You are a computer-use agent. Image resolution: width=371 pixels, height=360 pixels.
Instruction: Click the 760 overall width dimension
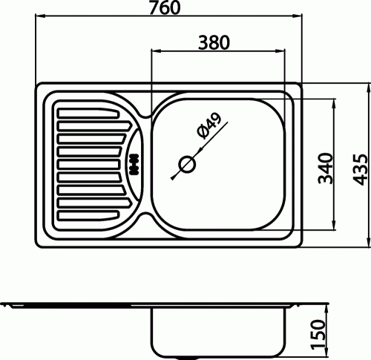(x=165, y=7)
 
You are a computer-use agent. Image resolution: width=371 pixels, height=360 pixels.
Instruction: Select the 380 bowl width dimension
(x=214, y=42)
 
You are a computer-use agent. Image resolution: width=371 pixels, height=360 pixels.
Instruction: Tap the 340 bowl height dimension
(x=326, y=168)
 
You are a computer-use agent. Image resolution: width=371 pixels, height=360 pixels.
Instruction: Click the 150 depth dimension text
(x=318, y=335)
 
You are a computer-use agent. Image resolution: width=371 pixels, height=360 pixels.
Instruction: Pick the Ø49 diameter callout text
(x=209, y=125)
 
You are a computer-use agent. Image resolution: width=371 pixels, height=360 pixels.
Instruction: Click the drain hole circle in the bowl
(x=187, y=164)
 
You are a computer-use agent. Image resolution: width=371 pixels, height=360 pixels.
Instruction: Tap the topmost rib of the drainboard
(x=88, y=113)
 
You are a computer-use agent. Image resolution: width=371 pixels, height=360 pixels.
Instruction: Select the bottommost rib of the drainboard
(x=88, y=215)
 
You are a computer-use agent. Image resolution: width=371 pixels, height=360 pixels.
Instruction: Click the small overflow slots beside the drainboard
(x=134, y=164)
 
